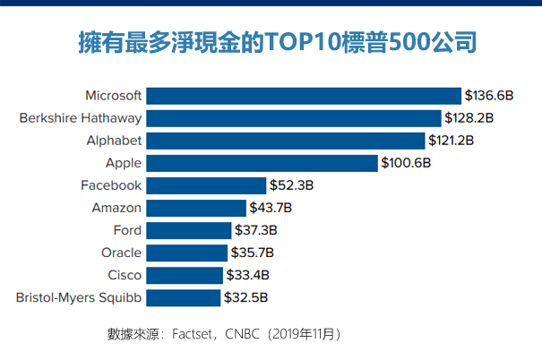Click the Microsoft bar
coord(304,96)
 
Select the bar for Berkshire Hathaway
coord(294,118)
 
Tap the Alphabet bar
coord(285,141)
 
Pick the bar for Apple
coord(262,163)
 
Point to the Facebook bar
coord(206,185)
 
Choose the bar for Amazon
coord(195,208)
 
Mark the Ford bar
coord(188,230)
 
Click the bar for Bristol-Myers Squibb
coord(183,297)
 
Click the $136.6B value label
coord(488,96)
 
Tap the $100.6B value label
coord(406,163)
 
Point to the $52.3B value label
coord(291,185)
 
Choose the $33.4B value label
coord(248,275)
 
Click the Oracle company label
coord(121,253)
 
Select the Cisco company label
coord(124,275)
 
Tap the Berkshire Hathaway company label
coord(80,118)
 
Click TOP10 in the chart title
coord(302,42)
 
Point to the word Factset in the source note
coord(195,334)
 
